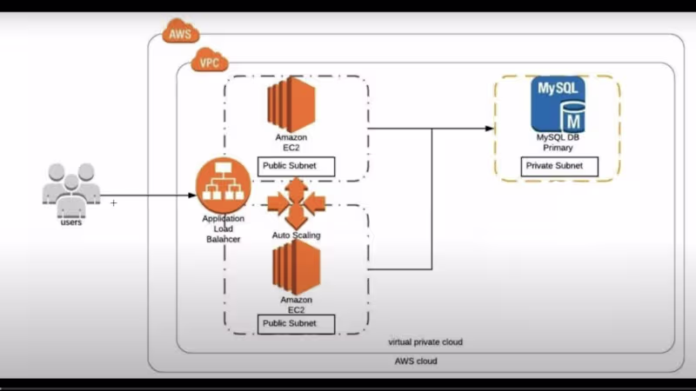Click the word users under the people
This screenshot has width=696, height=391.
coord(71,223)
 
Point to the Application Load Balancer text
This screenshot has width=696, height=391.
coord(223,229)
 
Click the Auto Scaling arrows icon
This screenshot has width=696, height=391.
coord(296,203)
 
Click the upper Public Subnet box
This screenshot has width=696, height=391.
coord(297,165)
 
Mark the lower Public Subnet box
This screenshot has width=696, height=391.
coord(297,324)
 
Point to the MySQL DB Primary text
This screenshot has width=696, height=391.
coord(558,142)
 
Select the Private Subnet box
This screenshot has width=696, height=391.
coord(559,166)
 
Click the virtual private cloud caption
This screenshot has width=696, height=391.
coord(425,342)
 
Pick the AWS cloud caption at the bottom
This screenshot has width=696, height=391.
coord(416,361)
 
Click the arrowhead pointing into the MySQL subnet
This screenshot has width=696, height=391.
coord(489,129)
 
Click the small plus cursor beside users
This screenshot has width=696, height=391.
coord(114,202)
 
